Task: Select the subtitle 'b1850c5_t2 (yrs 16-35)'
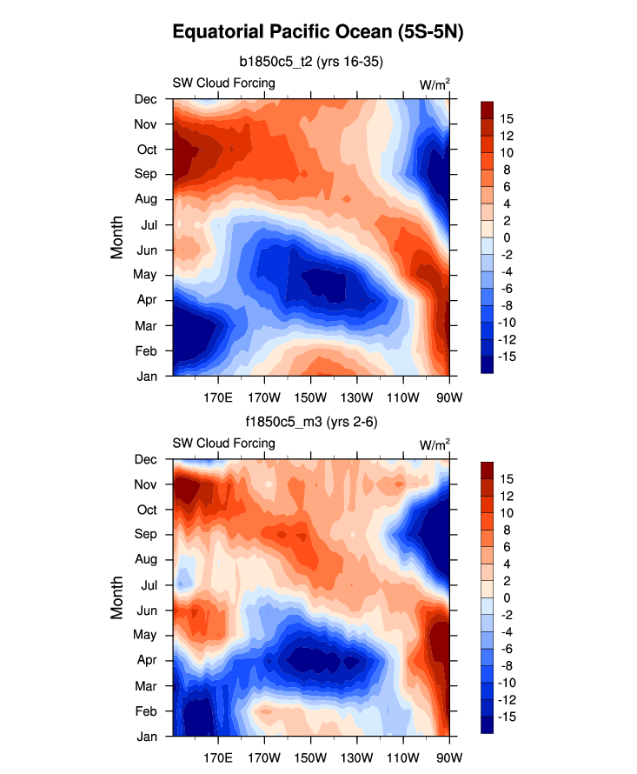pos(311,62)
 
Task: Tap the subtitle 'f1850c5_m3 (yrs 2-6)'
pos(310,422)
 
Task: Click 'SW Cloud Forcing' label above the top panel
pos(223,83)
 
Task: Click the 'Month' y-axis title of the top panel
pos(117,237)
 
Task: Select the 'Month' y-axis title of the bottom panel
pos(117,597)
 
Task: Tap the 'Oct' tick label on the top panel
pos(147,149)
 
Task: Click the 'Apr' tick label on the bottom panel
pos(147,660)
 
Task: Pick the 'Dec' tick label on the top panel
pos(147,99)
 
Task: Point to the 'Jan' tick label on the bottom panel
pos(147,736)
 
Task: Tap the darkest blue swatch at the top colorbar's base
pos(488,365)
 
